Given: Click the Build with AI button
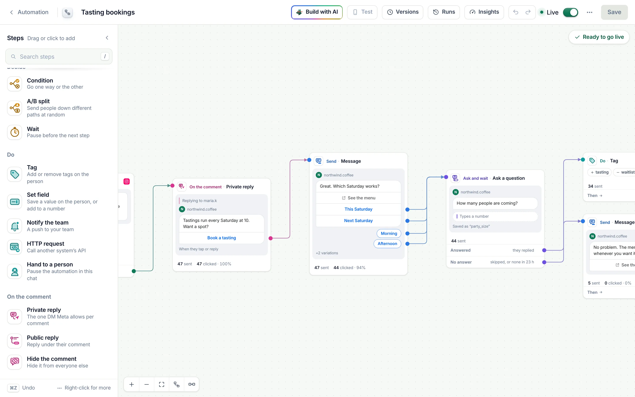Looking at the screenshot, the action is point(317,12).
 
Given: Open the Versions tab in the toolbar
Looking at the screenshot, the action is point(403,12).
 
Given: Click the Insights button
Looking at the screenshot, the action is point(484,12).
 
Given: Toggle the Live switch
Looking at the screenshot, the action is point(570,12).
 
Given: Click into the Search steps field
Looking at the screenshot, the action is point(59,56).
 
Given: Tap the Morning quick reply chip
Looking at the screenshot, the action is point(389,233).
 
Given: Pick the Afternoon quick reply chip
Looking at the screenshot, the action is point(387,244).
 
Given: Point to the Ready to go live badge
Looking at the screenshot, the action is point(599,37).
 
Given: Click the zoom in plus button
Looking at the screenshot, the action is point(132,384).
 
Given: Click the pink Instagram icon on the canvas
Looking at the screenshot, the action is point(127,182).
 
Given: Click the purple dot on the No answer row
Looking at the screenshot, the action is point(544,262).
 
